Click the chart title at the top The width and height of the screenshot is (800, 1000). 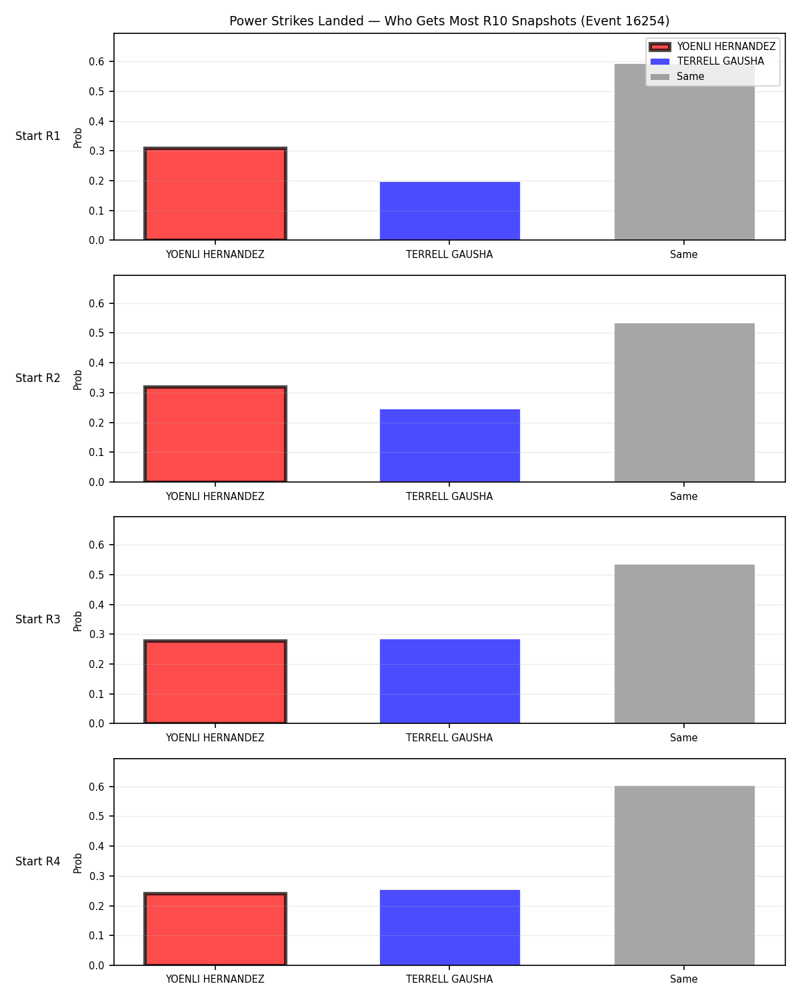tap(449, 21)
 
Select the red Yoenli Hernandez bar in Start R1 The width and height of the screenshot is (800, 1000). tap(215, 193)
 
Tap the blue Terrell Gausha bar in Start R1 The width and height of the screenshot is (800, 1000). tap(449, 211)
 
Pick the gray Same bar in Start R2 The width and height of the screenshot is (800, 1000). tap(684, 403)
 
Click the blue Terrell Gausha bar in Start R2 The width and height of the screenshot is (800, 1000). tap(449, 445)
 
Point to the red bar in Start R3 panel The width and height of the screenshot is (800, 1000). tap(215, 681)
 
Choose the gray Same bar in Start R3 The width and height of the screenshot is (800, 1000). tap(684, 644)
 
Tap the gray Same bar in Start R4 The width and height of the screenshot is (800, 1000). tap(684, 875)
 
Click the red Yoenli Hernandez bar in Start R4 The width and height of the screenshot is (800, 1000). tap(215, 929)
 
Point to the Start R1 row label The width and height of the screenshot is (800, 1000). tap(37, 136)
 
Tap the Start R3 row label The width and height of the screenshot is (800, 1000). tap(37, 619)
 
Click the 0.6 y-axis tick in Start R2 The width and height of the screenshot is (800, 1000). tap(96, 303)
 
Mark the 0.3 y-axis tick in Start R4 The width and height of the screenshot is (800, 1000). tap(96, 876)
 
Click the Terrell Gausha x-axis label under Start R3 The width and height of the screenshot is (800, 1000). tap(449, 738)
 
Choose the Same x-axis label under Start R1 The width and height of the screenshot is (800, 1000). tap(683, 255)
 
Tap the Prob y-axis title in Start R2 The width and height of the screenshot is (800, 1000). tap(77, 379)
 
